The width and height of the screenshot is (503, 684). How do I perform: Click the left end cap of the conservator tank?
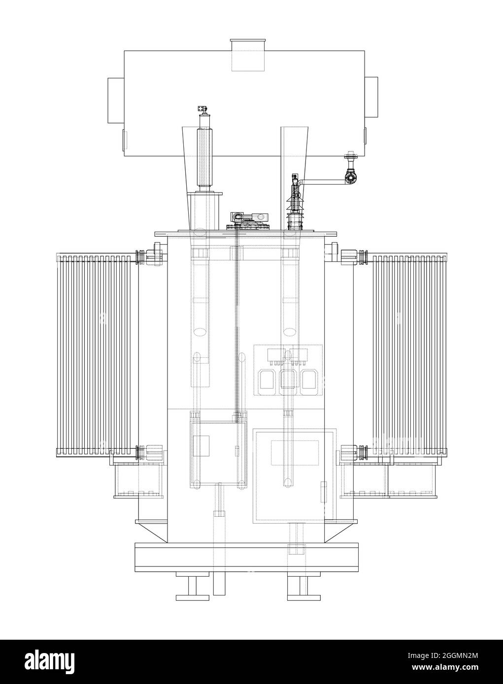(x=116, y=100)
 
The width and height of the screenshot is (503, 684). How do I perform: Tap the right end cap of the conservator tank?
(x=371, y=97)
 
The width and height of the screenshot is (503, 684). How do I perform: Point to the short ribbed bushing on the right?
(x=294, y=202)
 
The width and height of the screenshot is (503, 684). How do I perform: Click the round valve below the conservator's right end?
(x=349, y=178)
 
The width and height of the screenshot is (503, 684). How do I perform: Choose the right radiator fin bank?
(x=409, y=354)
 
